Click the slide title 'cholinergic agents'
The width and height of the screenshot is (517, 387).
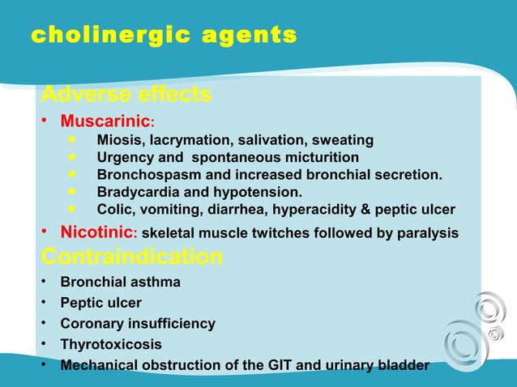click(163, 36)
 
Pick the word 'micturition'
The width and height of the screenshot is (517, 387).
click(319, 158)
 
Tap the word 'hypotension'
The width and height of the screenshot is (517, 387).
click(260, 192)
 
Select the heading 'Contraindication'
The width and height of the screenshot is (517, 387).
click(131, 257)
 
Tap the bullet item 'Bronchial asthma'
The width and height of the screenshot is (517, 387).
click(120, 283)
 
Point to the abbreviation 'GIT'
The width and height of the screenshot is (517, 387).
click(283, 365)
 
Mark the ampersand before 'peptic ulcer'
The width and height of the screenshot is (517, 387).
click(360, 209)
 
